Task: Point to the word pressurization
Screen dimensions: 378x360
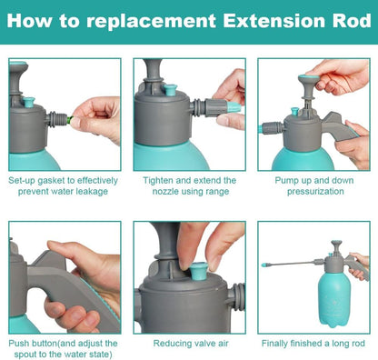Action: pyautogui.click(x=315, y=192)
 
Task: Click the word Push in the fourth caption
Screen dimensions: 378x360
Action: pyautogui.click(x=19, y=344)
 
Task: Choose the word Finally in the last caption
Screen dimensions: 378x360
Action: pyautogui.click(x=274, y=344)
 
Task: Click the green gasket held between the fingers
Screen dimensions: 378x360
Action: pyautogui.click(x=70, y=120)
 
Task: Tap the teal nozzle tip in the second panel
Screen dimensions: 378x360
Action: pyautogui.click(x=234, y=106)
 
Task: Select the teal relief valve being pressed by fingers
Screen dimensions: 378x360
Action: pyautogui.click(x=197, y=270)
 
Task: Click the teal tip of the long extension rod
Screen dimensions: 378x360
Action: pyautogui.click(x=265, y=265)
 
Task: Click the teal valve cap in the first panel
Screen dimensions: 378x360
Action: pyautogui.click(x=29, y=103)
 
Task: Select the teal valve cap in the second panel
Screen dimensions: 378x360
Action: pyautogui.click(x=170, y=90)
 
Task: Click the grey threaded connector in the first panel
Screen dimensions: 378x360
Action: pyautogui.click(x=56, y=119)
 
